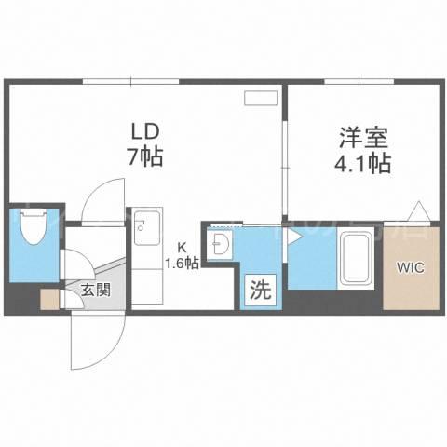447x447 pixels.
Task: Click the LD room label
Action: tap(145, 132)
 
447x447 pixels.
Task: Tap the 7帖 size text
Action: tap(144, 156)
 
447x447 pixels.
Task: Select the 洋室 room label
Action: tap(363, 138)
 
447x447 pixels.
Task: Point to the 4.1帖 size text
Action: tap(362, 163)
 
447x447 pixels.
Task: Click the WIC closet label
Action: tap(412, 267)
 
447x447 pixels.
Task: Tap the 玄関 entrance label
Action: tap(96, 291)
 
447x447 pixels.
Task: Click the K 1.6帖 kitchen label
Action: tap(182, 256)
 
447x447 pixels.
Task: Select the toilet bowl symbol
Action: tap(34, 226)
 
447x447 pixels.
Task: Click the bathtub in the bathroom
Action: tap(357, 258)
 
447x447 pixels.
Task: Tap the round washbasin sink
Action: tap(223, 244)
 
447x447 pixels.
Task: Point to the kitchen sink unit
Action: tap(147, 227)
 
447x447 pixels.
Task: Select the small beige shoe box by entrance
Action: tap(49, 299)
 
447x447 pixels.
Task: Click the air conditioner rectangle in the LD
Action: tap(260, 98)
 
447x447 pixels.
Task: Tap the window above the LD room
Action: tap(131, 82)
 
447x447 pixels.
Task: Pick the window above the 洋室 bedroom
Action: tap(359, 82)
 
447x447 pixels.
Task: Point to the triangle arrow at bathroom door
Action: tap(294, 237)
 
